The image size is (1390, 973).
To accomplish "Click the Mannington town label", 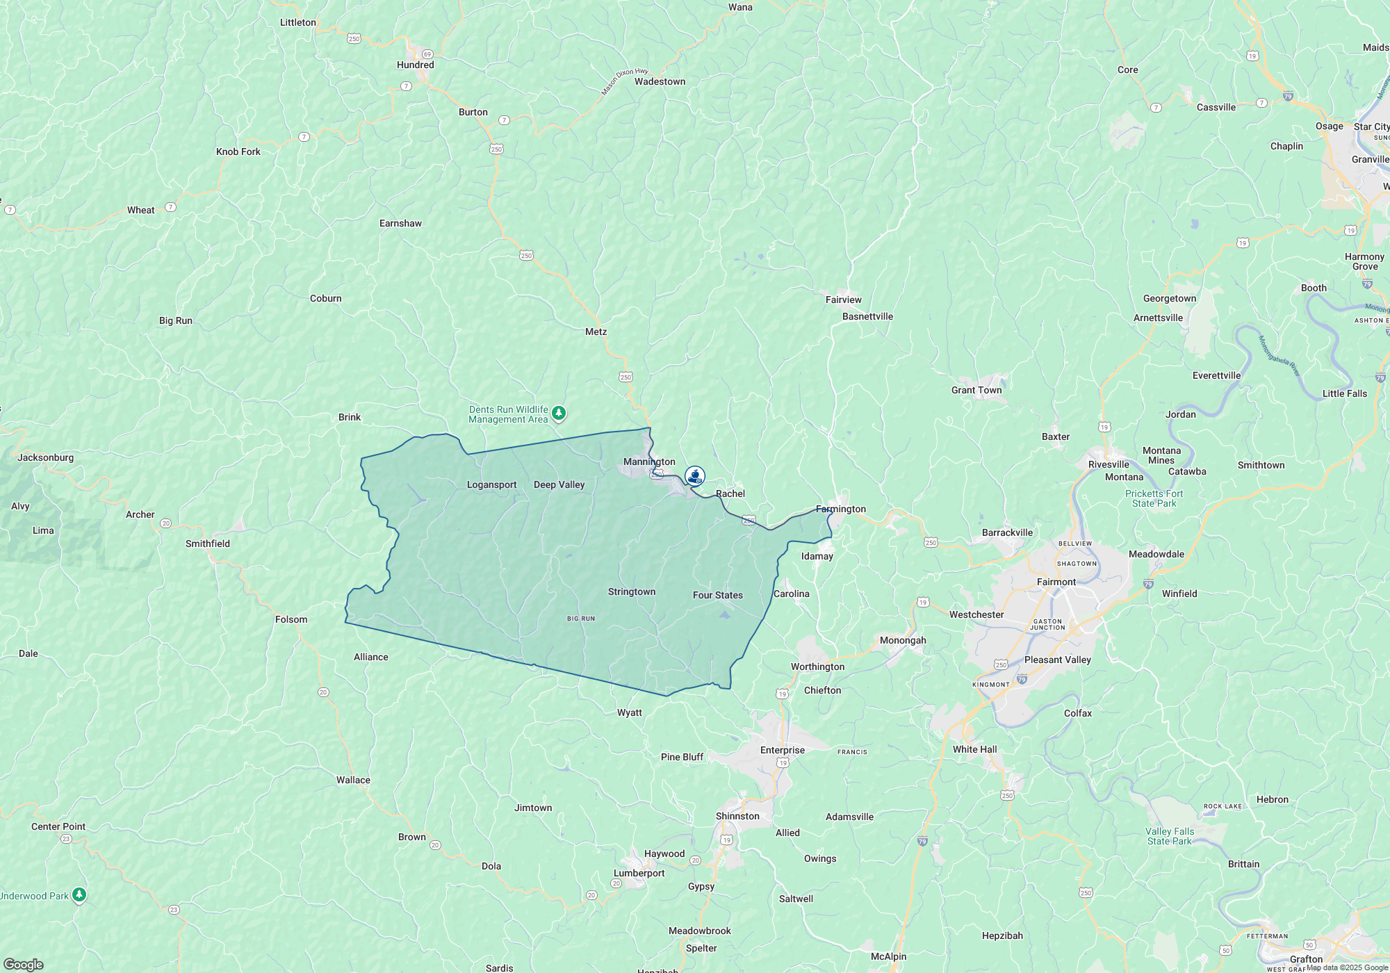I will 649,462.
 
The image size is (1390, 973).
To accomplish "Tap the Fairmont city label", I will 1056,582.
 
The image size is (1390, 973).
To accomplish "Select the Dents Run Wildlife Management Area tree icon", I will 558,414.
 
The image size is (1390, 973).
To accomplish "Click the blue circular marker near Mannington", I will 695,476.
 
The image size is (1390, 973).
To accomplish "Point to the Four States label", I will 717,596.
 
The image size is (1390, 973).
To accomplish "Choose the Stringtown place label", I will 631,592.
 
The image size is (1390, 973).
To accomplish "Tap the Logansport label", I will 491,485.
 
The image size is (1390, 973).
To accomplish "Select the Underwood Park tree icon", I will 79,894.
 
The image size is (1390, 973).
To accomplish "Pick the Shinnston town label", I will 737,817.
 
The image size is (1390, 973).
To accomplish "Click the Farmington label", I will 841,509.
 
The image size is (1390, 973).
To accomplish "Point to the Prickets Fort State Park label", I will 1154,499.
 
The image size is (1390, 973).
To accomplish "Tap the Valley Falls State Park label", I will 1169,837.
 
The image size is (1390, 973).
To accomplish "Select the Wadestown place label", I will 660,82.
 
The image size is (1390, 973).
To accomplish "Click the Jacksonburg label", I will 45,458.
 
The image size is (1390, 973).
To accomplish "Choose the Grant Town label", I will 976,391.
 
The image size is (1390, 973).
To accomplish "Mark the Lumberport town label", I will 639,874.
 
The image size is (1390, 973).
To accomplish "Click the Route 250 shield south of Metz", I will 625,377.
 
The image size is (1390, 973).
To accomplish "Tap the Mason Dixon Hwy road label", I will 624,81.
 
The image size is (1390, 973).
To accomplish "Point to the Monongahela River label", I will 1279,356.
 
